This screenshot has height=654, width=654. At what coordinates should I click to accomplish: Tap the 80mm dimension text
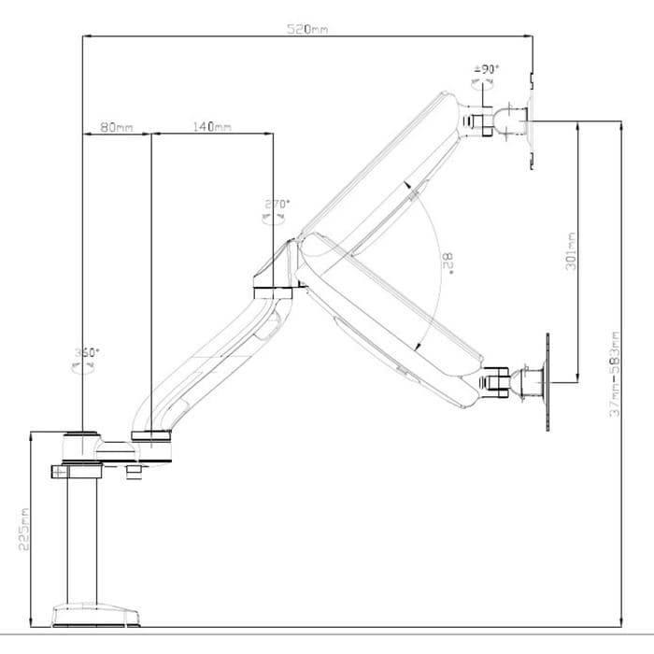pos(116,126)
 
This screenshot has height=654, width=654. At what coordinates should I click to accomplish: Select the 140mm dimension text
pos(212,126)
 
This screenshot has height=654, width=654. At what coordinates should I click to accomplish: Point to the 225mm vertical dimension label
pos(23,528)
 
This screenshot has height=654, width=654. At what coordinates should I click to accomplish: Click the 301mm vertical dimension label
pos(572,251)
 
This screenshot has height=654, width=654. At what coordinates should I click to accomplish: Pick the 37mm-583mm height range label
pos(615,374)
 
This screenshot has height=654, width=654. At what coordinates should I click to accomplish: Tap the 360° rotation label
pos(86,353)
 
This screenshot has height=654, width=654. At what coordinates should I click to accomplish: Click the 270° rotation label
pos(277,204)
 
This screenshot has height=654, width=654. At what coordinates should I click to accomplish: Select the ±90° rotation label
pos(487,69)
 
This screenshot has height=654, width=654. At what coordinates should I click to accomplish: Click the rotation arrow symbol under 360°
pos(84,367)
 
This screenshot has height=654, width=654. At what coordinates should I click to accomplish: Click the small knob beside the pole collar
pos(134,475)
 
